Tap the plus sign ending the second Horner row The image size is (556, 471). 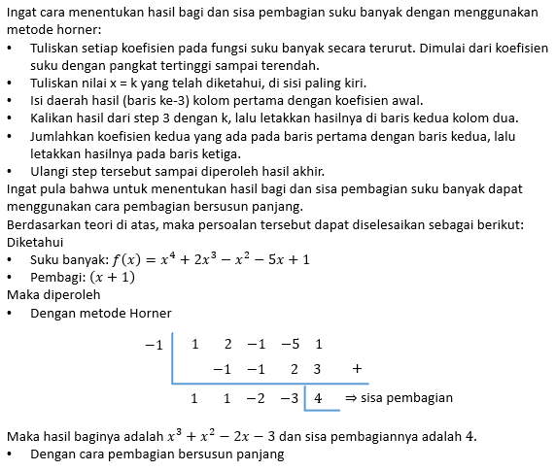point(358,369)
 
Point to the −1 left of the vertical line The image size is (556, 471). point(154,345)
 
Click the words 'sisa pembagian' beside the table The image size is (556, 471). point(407,398)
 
